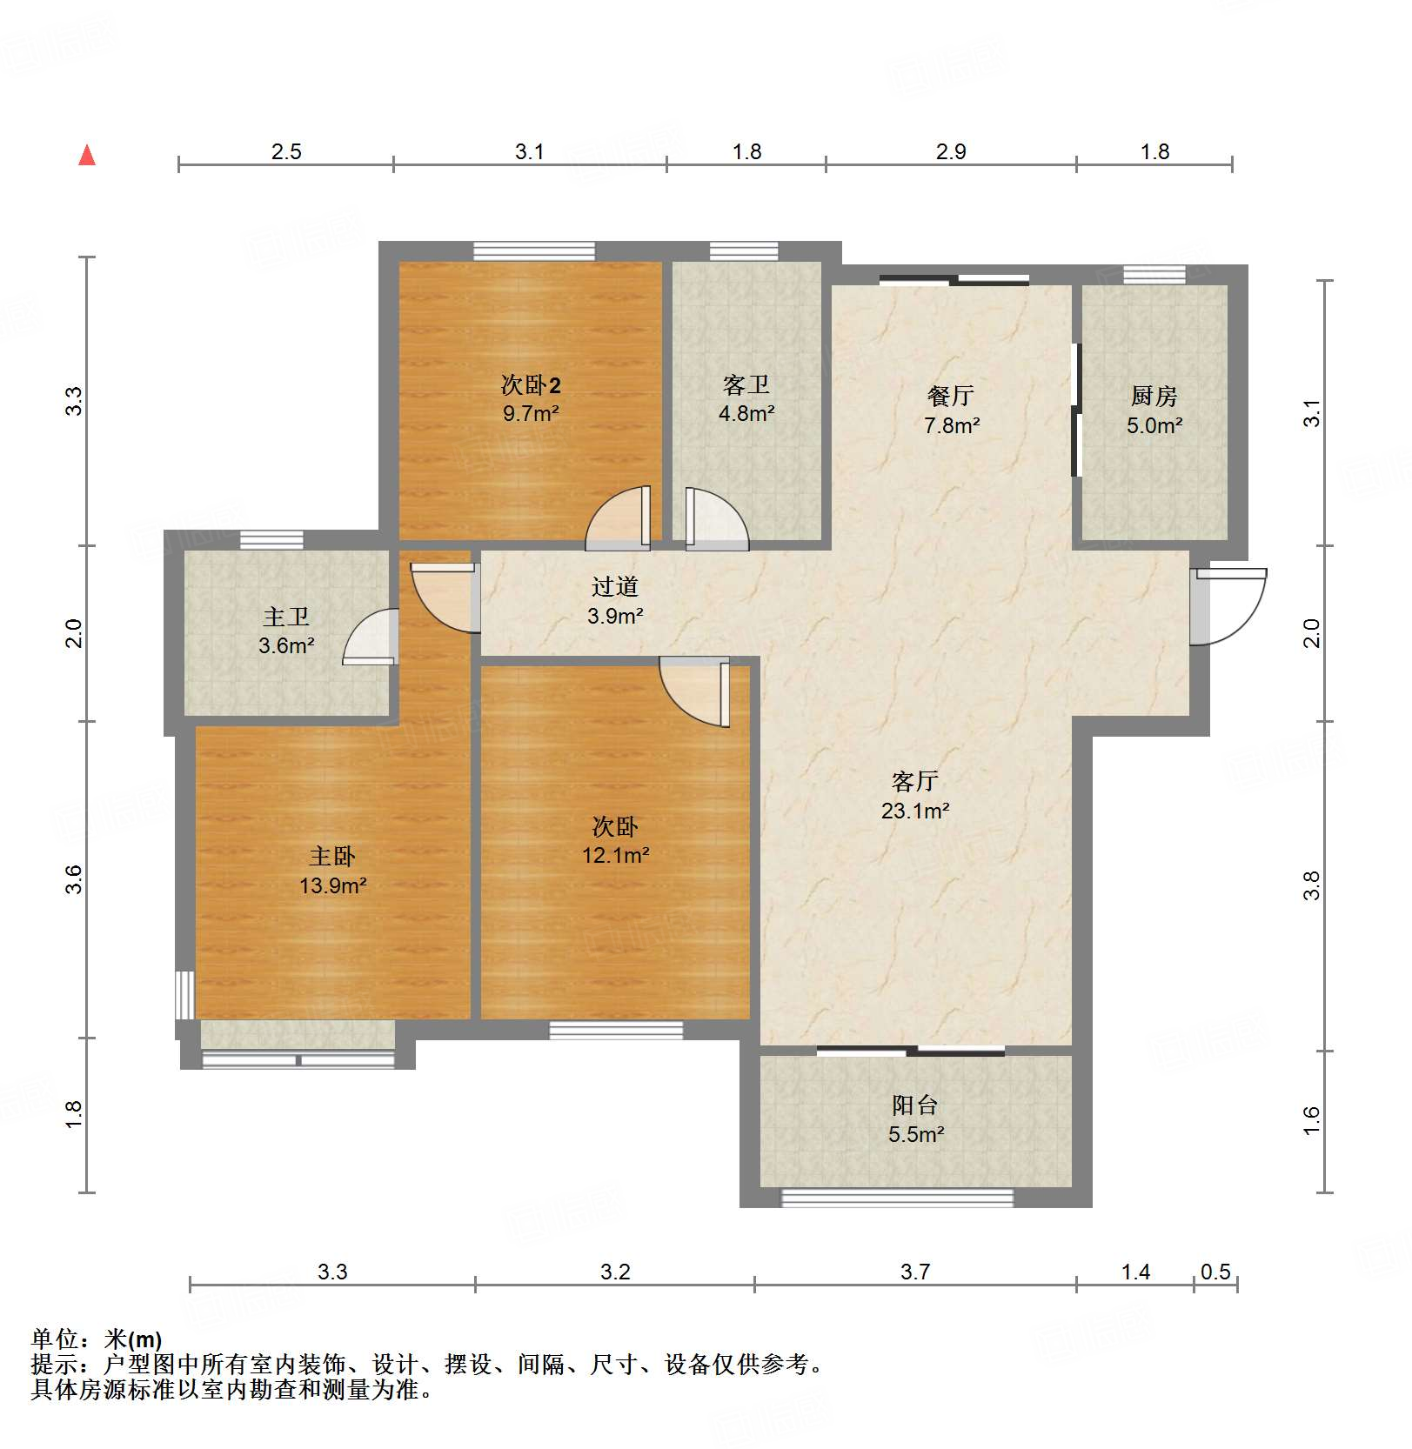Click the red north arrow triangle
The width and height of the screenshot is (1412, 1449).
[87, 156]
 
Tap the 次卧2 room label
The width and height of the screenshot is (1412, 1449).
[531, 384]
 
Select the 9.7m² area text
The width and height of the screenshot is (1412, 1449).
[531, 413]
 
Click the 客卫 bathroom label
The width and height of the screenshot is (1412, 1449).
[746, 384]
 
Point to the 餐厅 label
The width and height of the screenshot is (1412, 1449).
[951, 396]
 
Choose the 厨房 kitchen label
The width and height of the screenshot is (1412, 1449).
[1154, 396]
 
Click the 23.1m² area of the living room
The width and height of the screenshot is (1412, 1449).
[915, 811]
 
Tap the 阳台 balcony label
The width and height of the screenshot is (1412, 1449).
[915, 1105]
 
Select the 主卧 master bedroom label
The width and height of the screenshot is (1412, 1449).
[332, 857]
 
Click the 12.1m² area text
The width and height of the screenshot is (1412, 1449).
[615, 855]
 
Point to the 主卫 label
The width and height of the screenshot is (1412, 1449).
[286, 617]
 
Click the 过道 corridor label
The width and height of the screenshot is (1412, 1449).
[614, 587]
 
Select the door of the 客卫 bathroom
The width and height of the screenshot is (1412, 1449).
[715, 520]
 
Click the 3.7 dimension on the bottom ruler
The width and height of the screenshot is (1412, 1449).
[915, 1272]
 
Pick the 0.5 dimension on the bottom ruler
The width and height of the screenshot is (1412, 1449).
[1215, 1272]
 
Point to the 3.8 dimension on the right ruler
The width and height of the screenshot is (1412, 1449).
[1311, 885]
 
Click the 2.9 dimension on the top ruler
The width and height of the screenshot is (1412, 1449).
[951, 151]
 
